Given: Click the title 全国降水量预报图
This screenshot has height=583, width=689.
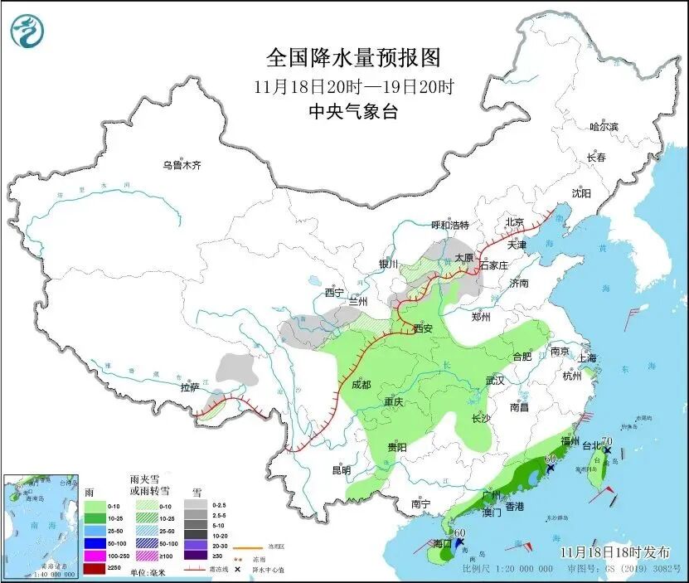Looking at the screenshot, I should [352, 57].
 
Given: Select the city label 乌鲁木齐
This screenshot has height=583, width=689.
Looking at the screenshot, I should [182, 166].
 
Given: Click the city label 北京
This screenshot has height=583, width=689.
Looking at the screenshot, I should [515, 223].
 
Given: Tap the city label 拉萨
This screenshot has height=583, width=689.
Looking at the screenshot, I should [190, 387].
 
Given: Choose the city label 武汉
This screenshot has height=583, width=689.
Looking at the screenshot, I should [495, 381].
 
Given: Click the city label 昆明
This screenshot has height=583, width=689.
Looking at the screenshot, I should [341, 470].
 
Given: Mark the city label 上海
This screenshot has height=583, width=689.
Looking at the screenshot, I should [587, 358].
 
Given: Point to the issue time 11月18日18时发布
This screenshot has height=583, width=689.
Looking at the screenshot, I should [610, 551].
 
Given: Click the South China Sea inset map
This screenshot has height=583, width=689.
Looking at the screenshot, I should [41, 524].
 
